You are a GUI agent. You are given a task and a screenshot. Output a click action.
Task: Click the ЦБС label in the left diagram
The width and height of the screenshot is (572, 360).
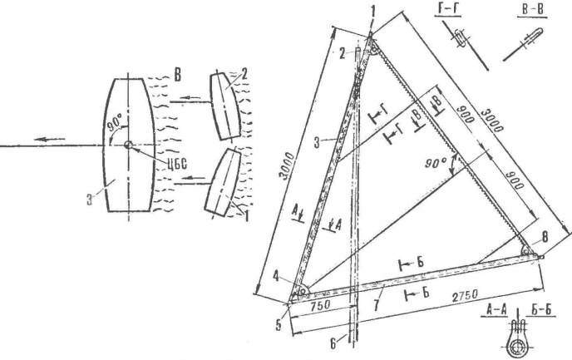point(176,164)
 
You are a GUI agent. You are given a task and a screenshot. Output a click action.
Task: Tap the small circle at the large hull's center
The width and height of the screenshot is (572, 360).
point(128,145)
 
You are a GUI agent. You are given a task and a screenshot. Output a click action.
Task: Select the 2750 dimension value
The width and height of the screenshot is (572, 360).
point(465,296)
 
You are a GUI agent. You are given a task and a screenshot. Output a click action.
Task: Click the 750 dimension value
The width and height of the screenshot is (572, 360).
point(321,304)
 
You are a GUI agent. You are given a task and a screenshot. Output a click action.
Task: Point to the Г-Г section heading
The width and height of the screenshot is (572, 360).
point(447,10)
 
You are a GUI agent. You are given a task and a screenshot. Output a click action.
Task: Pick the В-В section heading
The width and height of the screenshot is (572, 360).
point(532,10)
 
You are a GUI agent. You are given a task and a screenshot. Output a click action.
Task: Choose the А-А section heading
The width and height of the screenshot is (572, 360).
point(494,310)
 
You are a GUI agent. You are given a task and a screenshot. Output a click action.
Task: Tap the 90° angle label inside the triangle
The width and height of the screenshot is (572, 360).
point(435,164)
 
